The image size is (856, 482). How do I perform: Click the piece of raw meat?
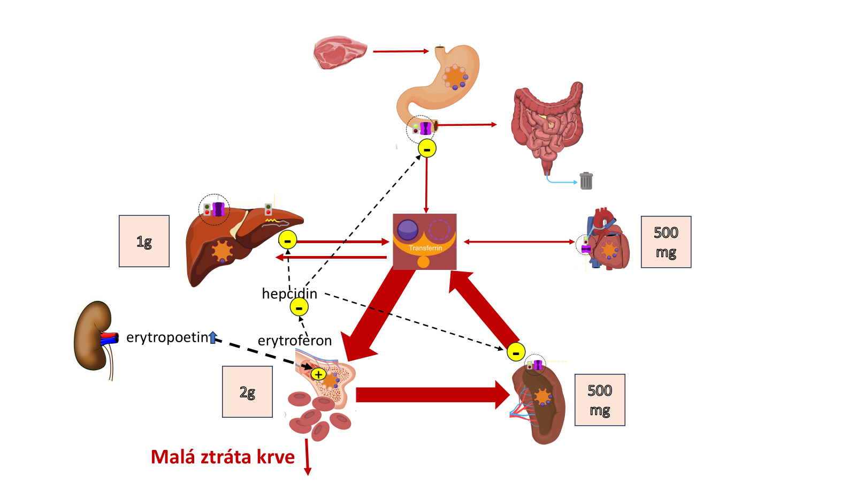click(340, 52)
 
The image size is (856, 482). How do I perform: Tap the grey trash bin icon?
click(586, 180)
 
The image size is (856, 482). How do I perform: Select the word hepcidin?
click(289, 293)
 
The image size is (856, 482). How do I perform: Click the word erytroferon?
click(295, 341)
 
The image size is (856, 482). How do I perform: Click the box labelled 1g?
click(144, 241)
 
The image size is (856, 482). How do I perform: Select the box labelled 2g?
click(247, 391)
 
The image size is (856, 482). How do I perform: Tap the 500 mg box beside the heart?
click(666, 242)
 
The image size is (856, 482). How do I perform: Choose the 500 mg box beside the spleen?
click(600, 400)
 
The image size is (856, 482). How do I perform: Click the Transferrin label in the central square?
click(425, 248)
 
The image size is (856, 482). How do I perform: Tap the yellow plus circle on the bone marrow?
click(318, 374)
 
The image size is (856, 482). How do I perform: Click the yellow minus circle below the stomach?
click(427, 148)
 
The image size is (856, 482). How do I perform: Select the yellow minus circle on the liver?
click(288, 240)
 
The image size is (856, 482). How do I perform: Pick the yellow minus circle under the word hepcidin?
click(299, 307)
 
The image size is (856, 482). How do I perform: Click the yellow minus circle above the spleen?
click(516, 352)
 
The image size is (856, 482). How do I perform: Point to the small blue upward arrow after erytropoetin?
click(213, 337)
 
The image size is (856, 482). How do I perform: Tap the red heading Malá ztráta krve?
click(223, 457)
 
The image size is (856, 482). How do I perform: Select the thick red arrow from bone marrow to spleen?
click(433, 395)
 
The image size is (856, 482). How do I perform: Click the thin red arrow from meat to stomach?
click(401, 51)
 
